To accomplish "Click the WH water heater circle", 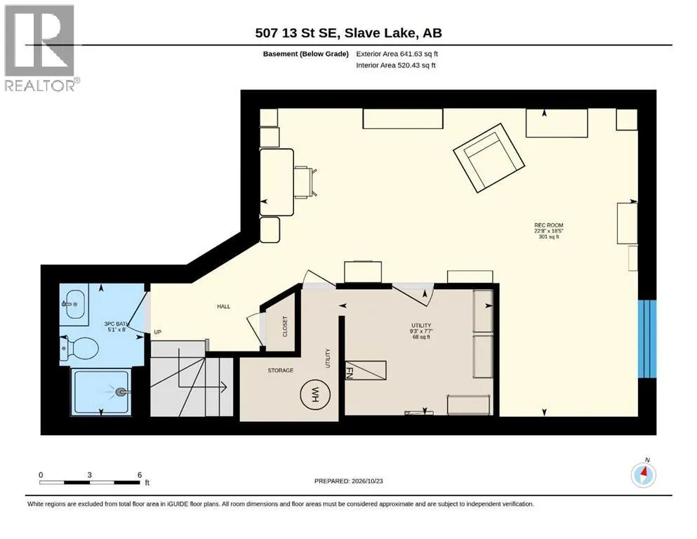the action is click(314, 394).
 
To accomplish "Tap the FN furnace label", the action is click(350, 372).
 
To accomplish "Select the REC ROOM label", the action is click(548, 225).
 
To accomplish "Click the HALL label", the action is click(224, 306).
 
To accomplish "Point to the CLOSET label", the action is click(285, 326).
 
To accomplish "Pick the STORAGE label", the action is click(281, 370).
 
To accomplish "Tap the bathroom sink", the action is click(75, 304).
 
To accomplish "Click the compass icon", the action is click(643, 475).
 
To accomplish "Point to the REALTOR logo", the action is click(41, 48).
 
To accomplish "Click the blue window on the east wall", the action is click(646, 339).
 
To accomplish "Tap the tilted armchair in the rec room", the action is click(489, 158).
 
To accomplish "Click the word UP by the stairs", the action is click(157, 332).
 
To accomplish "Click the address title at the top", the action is click(348, 33).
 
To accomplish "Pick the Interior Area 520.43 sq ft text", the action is click(396, 65).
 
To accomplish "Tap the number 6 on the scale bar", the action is click(140, 475).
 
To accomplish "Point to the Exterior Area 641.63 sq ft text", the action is click(397, 54).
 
